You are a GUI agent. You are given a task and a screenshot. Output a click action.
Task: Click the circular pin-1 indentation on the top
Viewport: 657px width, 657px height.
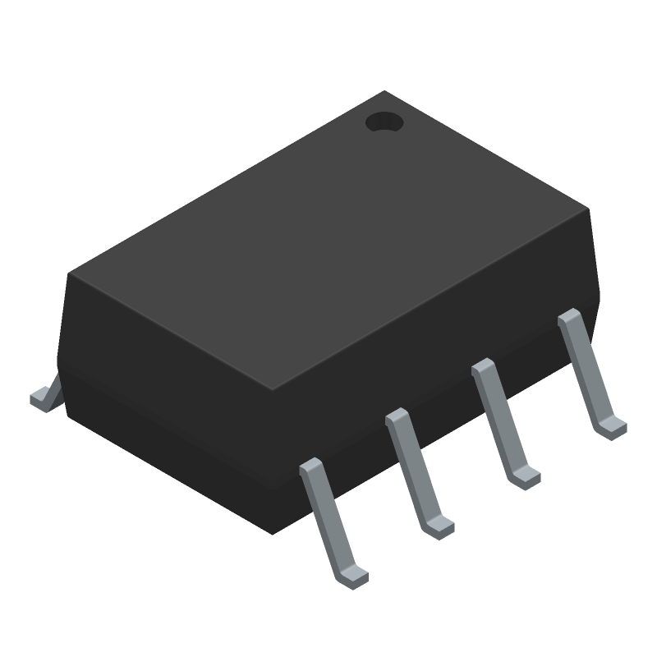384,123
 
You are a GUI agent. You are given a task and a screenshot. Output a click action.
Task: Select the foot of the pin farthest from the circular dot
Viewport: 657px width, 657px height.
354,574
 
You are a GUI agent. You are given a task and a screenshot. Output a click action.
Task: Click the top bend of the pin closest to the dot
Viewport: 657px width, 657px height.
568,318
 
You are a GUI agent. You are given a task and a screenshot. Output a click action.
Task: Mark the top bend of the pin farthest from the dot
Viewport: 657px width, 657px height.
311,466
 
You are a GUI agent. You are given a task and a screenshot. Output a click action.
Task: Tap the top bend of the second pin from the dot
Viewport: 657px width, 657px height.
483,366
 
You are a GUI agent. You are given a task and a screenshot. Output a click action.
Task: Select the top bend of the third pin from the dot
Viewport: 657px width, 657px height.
397,416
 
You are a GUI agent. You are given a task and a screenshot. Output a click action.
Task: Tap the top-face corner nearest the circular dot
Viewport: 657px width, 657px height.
384,91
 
